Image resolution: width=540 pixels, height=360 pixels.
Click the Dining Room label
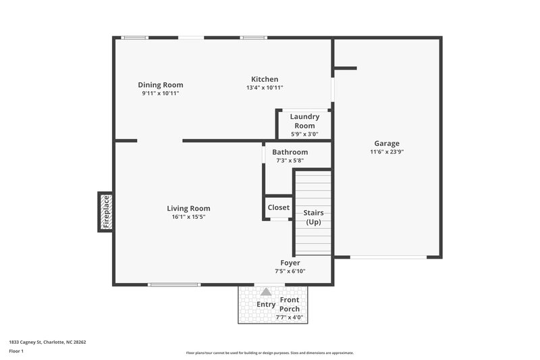(161, 85)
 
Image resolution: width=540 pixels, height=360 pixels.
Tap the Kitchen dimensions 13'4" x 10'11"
(265, 88)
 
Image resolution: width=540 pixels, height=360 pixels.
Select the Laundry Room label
(304, 121)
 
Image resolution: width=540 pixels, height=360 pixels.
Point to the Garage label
(387, 143)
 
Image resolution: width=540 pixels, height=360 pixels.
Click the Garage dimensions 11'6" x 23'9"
(387, 152)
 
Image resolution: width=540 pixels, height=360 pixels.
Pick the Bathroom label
(290, 152)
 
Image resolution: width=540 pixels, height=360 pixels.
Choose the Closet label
(278, 207)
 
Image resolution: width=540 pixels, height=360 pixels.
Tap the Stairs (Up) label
(313, 217)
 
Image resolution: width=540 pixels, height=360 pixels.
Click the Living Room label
(188, 209)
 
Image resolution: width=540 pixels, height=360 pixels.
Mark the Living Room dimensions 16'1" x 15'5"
(188, 217)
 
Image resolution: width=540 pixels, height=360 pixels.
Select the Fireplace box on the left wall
(105, 211)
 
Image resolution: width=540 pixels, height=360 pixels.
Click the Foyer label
(290, 263)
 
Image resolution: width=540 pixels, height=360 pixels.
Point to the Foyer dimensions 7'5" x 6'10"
(290, 271)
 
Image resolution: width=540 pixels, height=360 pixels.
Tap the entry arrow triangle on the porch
(266, 292)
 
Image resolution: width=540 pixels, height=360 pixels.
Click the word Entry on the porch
(266, 304)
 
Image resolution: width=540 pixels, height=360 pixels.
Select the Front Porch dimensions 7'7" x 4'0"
(290, 317)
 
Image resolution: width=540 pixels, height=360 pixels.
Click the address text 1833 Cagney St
(47, 342)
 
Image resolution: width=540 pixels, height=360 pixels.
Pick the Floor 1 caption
(17, 351)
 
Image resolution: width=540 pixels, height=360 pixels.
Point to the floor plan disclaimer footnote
(269, 353)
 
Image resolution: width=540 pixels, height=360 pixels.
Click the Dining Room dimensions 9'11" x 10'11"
(161, 93)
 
